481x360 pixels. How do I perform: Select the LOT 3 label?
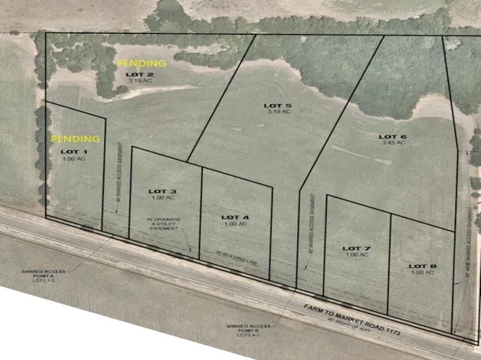[162, 190]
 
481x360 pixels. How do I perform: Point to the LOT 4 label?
[236, 217]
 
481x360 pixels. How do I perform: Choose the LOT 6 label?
[392, 137]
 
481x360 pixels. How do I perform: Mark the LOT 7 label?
[356, 247]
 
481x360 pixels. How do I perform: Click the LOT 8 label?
[422, 266]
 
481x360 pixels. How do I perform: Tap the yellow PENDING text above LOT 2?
[142, 62]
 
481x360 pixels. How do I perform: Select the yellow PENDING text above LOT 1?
[76, 139]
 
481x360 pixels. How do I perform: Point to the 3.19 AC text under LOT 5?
[277, 113]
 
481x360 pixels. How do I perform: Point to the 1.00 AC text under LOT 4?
[236, 224]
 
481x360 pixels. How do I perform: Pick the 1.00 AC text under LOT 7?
[356, 255]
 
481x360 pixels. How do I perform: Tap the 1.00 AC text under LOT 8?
[422, 273]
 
